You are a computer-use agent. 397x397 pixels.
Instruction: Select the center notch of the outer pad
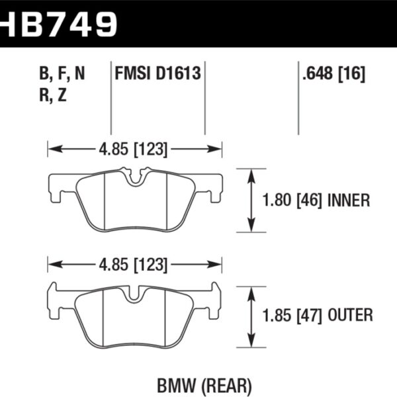[x=135, y=291]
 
